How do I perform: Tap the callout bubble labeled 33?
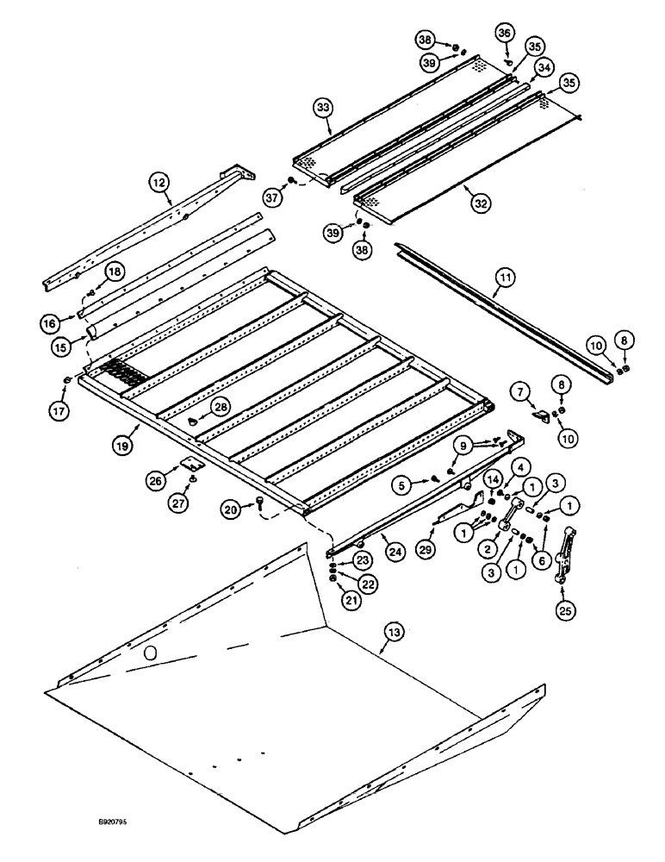tap(322, 108)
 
